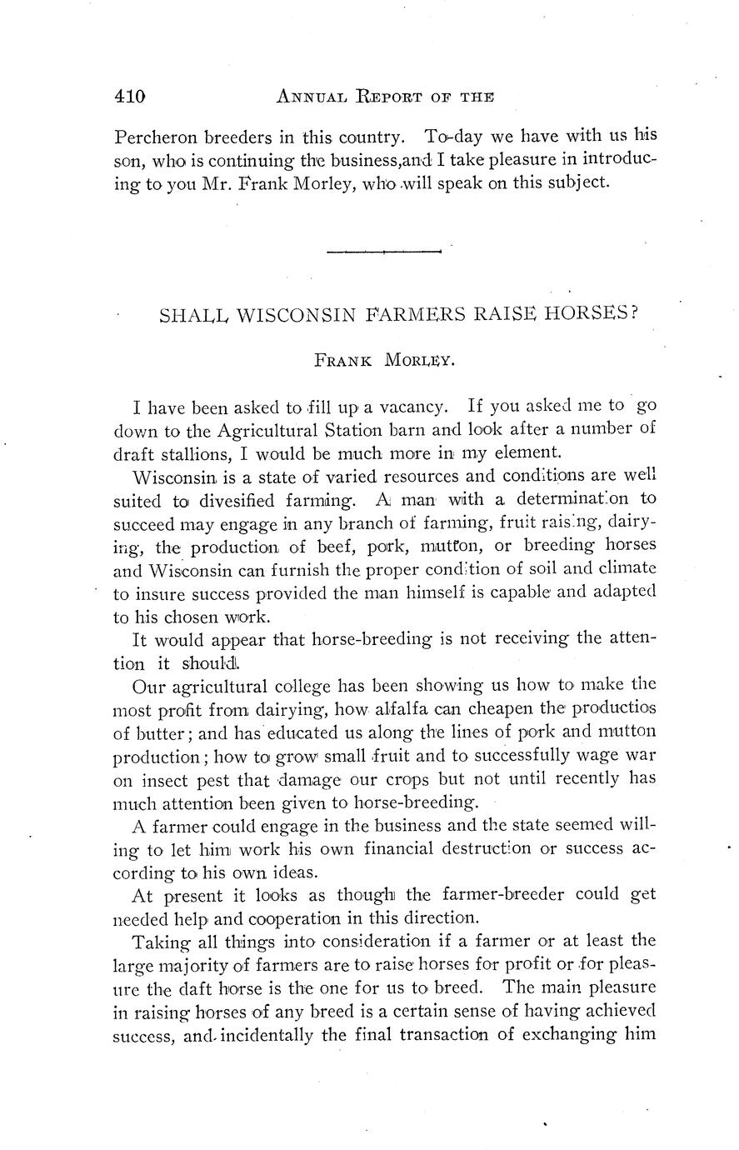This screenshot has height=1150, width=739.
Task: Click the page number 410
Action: pos(130,96)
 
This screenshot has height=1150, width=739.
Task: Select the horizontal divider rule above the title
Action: pos(383,251)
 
